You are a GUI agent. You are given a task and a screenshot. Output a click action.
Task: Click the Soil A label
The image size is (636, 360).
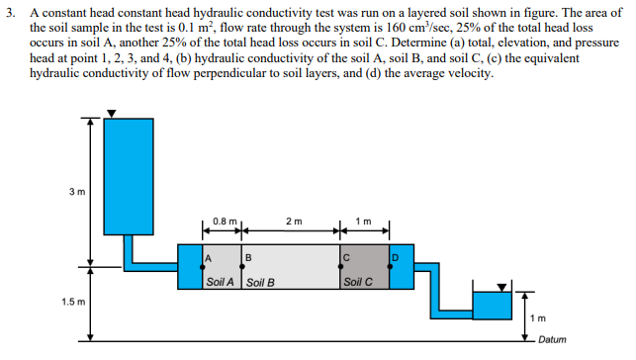[x=220, y=282]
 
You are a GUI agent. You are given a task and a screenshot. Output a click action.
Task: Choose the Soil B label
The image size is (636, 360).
[x=258, y=282]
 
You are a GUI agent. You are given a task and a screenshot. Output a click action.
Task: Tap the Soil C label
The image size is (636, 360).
[x=356, y=282]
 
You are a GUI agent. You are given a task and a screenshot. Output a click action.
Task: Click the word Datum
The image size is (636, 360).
[x=554, y=339]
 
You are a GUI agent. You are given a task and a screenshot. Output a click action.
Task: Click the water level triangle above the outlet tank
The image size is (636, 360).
[x=500, y=288]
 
